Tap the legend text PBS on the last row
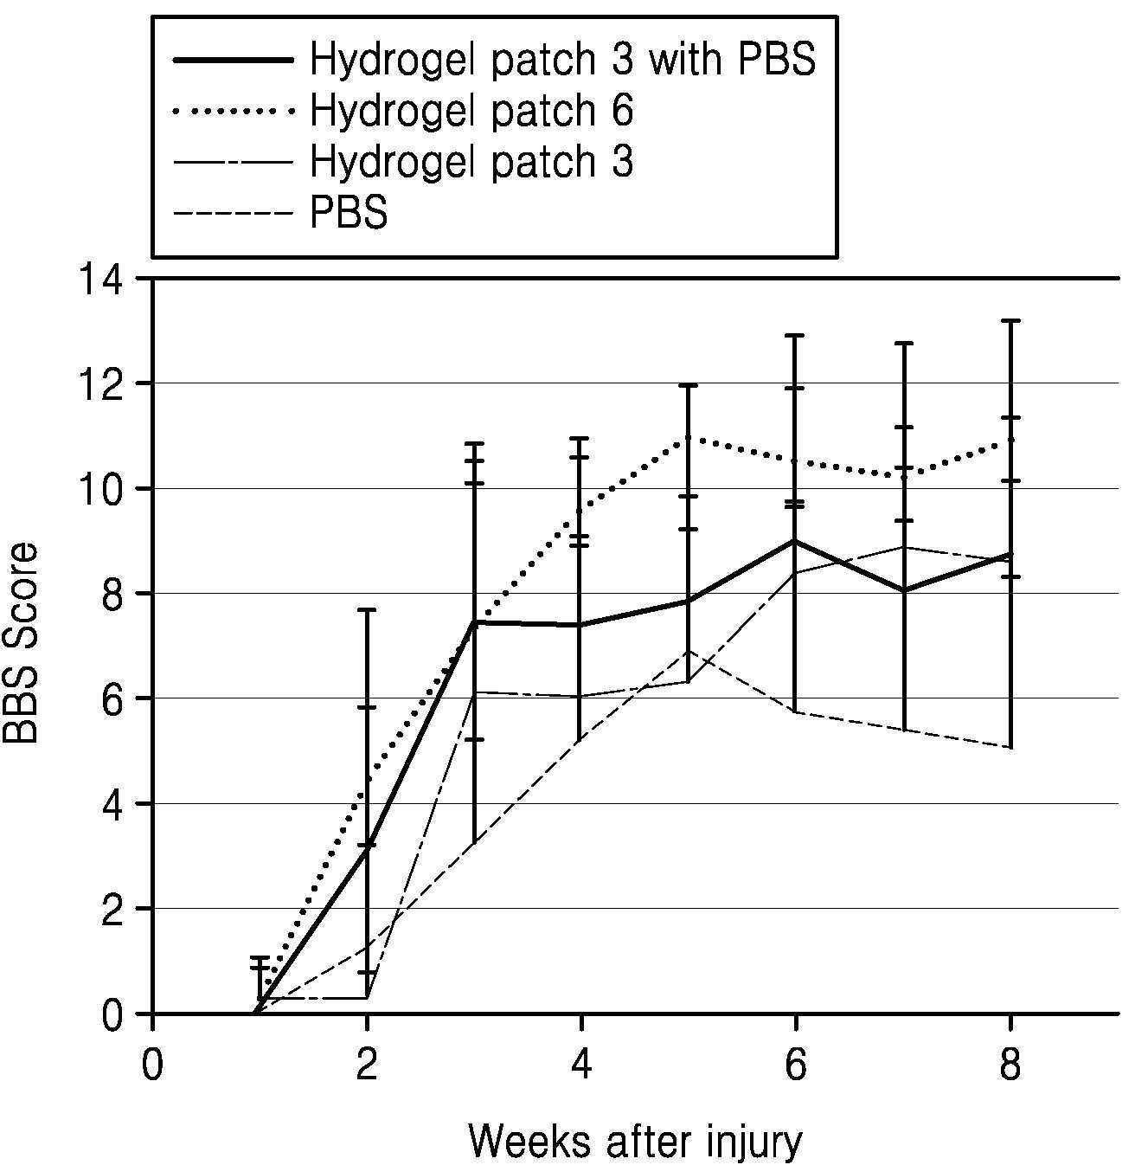click(349, 212)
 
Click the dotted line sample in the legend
click(234, 112)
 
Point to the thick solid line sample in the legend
click(234, 60)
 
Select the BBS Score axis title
click(21, 643)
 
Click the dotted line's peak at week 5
click(688, 438)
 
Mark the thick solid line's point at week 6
click(795, 541)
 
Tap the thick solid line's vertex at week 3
click(474, 622)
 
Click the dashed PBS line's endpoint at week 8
click(1010, 747)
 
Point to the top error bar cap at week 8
click(1010, 321)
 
